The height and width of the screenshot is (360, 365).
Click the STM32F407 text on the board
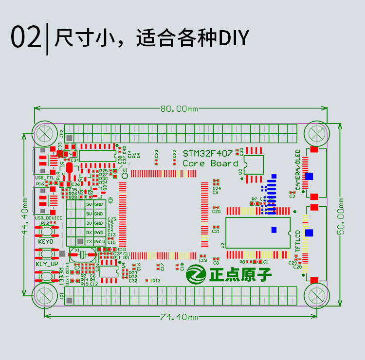207,153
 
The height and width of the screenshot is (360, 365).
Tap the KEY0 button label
46,241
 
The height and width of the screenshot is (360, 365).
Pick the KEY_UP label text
47,264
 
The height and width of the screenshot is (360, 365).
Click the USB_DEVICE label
48,218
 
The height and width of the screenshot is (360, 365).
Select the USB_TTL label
45,178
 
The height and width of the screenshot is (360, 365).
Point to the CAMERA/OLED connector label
298,170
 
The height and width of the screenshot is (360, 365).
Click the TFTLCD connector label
298,240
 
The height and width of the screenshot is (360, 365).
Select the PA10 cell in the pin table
99,241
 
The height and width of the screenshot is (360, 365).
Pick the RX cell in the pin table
89,232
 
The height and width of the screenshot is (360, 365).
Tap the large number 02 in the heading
26,37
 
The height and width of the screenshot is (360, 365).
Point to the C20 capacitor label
217,212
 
